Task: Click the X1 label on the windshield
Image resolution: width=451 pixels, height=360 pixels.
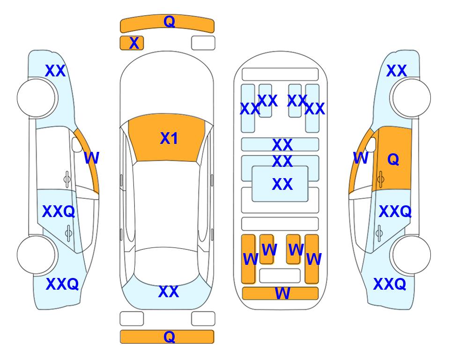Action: [x=169, y=138]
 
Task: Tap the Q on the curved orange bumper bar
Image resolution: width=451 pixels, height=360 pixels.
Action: [x=169, y=22]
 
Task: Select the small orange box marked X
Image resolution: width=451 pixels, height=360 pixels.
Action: [x=132, y=43]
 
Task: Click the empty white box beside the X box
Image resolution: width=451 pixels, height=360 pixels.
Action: [x=203, y=43]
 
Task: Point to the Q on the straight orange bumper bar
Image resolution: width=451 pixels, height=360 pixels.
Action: [x=169, y=337]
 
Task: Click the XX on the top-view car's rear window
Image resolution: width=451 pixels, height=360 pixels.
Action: [x=169, y=292]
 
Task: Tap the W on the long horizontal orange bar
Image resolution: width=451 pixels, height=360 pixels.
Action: [x=282, y=293]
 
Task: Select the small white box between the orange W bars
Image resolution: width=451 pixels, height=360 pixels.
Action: [x=280, y=276]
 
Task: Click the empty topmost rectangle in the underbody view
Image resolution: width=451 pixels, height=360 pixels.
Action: [x=280, y=75]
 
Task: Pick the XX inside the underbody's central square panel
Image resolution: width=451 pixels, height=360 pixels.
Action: [x=282, y=184]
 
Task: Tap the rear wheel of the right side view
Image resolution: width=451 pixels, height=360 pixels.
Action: [x=412, y=255]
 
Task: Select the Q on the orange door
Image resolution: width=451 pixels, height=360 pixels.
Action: [x=393, y=159]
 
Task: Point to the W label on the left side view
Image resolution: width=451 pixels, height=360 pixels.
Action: [x=91, y=158]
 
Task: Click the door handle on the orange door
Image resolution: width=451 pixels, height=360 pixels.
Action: [x=381, y=179]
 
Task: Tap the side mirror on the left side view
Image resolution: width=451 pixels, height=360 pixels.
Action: [x=77, y=144]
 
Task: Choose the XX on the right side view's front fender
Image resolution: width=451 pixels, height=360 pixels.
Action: [x=396, y=71]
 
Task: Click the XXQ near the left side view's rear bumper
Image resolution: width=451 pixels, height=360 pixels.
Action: [x=62, y=284]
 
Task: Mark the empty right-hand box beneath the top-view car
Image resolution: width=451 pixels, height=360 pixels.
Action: [x=203, y=319]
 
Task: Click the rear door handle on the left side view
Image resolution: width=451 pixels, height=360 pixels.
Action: [x=68, y=233]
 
